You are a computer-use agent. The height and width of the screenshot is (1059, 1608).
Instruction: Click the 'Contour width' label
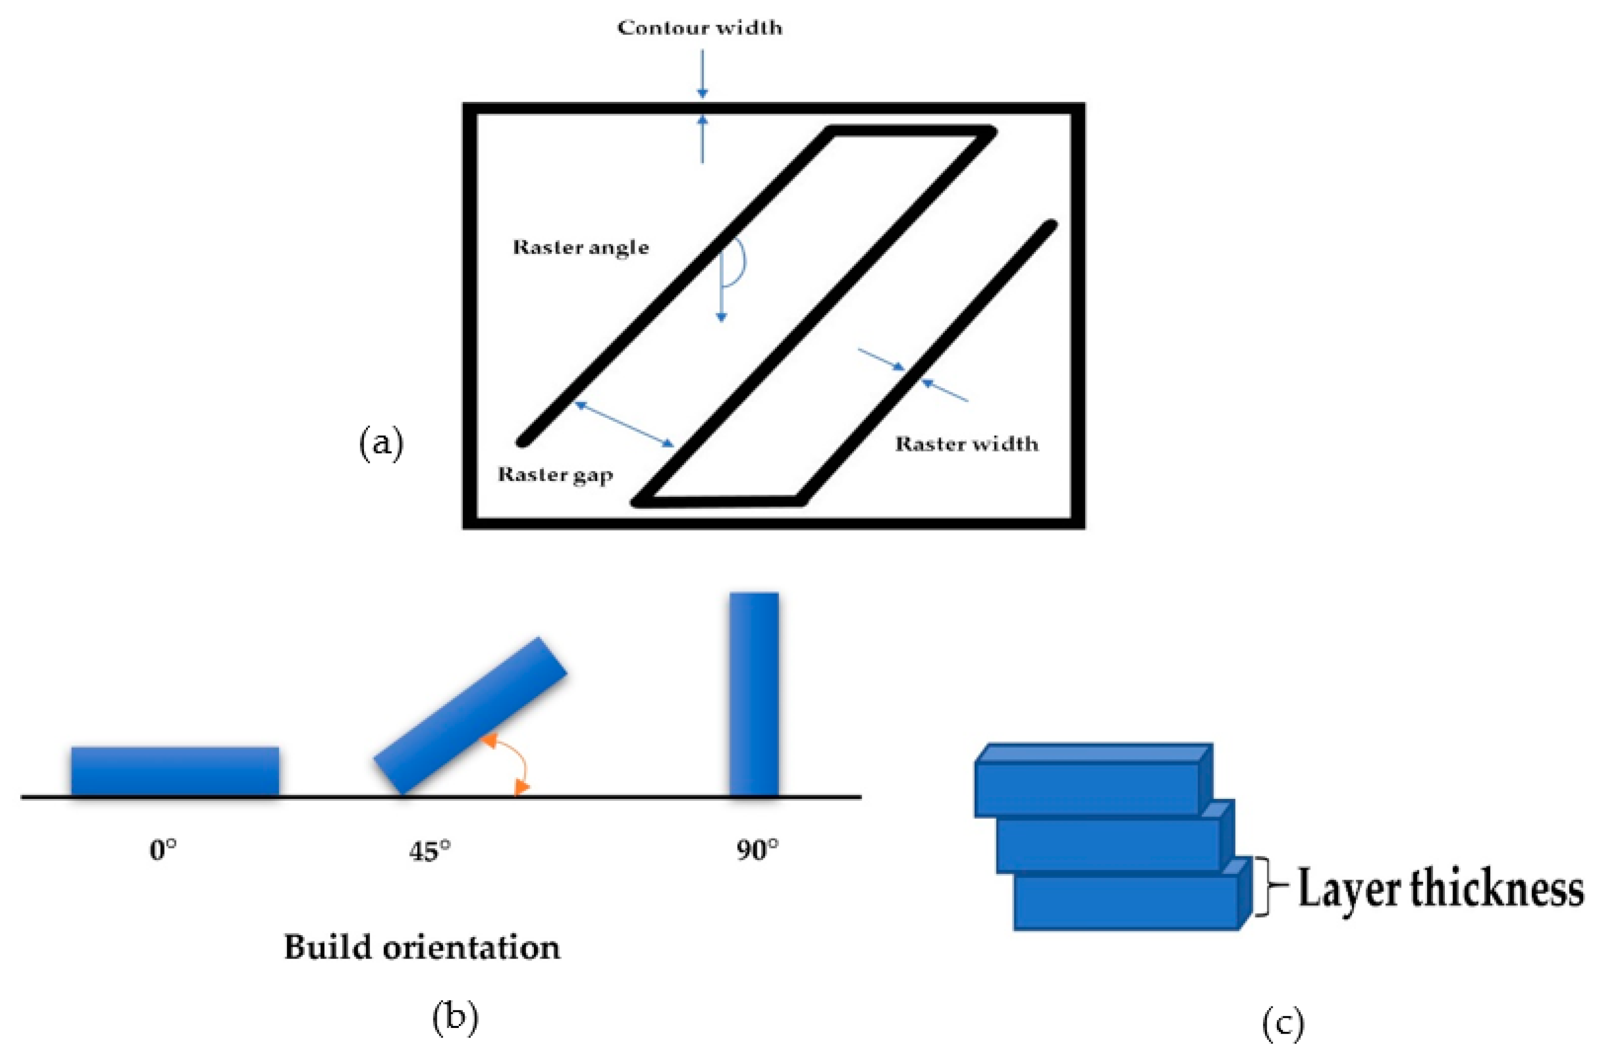699,28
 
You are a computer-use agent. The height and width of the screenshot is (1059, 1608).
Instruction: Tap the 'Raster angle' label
580,247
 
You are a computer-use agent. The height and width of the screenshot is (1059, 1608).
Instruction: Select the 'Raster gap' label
554,475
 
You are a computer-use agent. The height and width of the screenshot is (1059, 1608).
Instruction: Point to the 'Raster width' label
966,444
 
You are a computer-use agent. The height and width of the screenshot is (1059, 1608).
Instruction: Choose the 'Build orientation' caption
421,948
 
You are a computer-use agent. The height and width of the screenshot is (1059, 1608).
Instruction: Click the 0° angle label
163,850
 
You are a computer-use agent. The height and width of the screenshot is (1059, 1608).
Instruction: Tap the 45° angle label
430,851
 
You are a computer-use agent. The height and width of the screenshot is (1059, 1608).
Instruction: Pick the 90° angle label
757,850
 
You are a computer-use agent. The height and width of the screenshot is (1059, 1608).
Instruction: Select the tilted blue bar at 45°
470,716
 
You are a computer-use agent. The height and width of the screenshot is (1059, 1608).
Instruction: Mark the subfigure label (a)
381,444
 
